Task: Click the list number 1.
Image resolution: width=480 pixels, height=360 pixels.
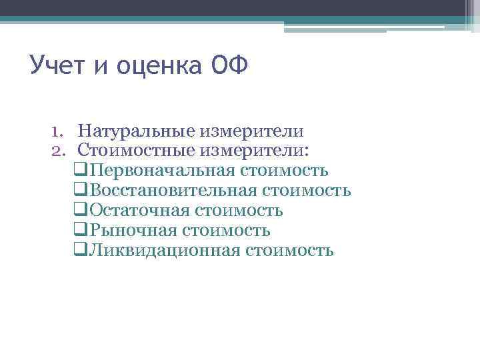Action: (59, 131)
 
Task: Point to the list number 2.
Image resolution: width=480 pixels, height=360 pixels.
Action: (59, 150)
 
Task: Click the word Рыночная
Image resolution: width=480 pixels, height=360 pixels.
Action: (133, 231)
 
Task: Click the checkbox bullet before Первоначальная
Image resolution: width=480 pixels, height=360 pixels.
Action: (81, 171)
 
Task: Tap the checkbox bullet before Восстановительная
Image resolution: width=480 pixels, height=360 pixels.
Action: (81, 191)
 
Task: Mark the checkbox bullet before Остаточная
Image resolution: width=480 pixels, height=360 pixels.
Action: (81, 211)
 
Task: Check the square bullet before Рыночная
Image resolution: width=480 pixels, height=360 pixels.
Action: (81, 231)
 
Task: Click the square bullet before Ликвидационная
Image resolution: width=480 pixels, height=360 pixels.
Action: (81, 251)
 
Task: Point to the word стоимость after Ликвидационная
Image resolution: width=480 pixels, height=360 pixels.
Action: (289, 251)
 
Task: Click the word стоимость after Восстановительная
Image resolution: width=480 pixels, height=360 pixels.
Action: (307, 191)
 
